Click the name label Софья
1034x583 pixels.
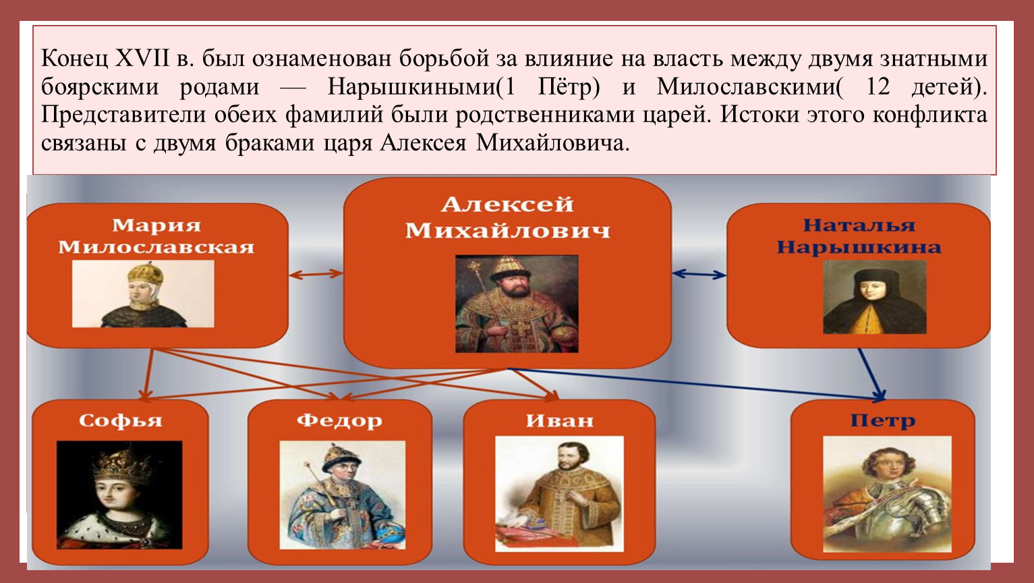121,420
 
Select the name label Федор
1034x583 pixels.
339,420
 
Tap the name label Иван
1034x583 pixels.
559,420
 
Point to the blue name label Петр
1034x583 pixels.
883,420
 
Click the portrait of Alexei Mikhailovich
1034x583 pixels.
517,304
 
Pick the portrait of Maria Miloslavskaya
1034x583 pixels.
143,294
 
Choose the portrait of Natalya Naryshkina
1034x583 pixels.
875,297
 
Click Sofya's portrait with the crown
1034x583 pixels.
119,495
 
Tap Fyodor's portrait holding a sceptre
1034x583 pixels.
343,495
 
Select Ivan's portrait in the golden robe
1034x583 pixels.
559,494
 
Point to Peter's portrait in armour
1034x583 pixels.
887,494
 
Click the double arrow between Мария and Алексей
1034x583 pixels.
316,274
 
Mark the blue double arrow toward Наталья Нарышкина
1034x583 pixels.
699,275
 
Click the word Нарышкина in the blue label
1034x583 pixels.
859,247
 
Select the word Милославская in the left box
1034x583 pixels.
156,247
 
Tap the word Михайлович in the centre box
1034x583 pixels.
507,230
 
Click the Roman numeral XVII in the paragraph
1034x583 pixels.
142,59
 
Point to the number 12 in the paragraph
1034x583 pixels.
878,86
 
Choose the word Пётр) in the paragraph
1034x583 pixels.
569,86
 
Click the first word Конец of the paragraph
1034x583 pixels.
74,59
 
